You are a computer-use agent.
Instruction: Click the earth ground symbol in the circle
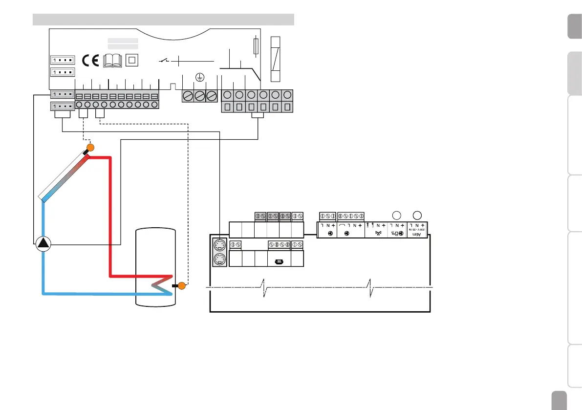pyautogui.click(x=199, y=77)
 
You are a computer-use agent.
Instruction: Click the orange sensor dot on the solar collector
pyautogui.click(x=90, y=148)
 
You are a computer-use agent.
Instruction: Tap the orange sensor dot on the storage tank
pyautogui.click(x=182, y=286)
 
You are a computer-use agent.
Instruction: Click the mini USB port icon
pyautogui.click(x=279, y=261)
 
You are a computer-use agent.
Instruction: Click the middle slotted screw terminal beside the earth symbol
pyautogui.click(x=199, y=96)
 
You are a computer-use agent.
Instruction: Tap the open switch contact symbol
pyautogui.click(x=165, y=61)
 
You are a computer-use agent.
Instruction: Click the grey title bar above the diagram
pyautogui.click(x=163, y=19)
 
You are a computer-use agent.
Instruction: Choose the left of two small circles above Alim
pyautogui.click(x=397, y=215)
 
